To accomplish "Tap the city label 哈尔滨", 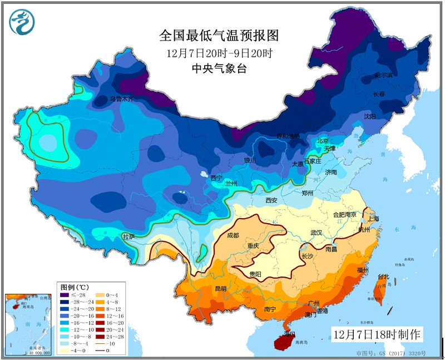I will pos(383,75).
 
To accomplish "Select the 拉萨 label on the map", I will pos(129,236).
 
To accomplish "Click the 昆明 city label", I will pos(220,288).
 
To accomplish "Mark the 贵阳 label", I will pos(256,274).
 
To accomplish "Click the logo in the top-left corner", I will pos(22,22).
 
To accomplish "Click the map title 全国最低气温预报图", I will pos(218,36).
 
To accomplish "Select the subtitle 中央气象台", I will pos(218,68).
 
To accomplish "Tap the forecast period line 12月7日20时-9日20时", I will pos(218,53).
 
